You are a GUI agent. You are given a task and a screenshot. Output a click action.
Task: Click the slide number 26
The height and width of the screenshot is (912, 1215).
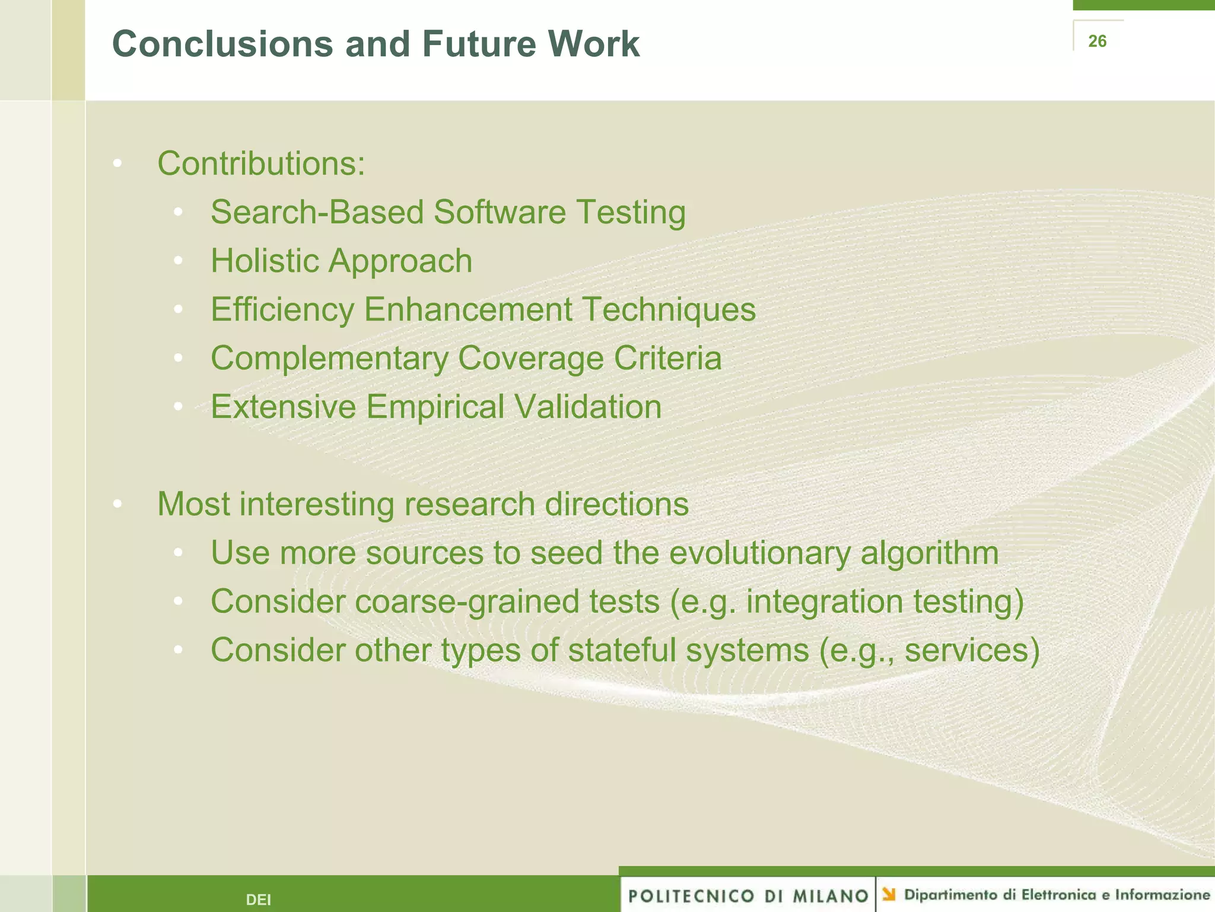click(x=1097, y=41)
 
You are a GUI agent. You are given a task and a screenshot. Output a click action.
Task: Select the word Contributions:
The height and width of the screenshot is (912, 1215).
click(x=261, y=163)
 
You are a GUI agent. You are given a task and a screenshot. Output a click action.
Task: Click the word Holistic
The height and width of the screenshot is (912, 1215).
click(x=265, y=261)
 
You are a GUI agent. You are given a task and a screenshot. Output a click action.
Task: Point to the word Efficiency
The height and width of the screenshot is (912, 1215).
click(x=282, y=309)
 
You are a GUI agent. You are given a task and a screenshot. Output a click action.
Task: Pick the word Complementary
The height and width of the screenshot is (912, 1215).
click(x=329, y=358)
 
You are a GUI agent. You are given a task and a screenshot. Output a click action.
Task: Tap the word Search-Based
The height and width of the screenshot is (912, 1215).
click(x=317, y=212)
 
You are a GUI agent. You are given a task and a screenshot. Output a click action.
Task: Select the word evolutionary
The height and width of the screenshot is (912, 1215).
click(x=760, y=553)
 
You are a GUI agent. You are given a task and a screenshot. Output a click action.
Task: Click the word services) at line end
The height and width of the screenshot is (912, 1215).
click(x=972, y=650)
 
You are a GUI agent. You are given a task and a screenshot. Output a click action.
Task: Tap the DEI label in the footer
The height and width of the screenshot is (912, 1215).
click(x=258, y=900)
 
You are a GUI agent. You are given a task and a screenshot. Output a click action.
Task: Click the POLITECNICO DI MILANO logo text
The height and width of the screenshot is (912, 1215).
click(x=748, y=896)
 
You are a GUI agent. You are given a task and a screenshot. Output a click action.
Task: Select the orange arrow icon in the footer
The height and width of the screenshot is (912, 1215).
click(x=888, y=894)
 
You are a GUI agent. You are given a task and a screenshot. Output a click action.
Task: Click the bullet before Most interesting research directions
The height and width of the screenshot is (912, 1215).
click(x=117, y=504)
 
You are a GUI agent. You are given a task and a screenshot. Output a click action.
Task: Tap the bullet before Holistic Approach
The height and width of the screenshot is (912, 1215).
click(x=178, y=261)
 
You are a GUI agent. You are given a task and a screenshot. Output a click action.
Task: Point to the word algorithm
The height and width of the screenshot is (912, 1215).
click(x=930, y=553)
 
